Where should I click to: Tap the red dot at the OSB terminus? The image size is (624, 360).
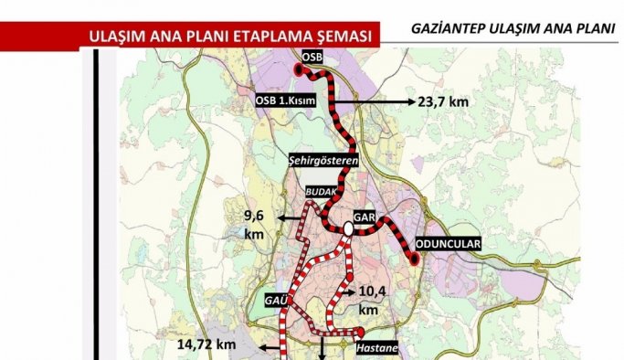tap(299, 69)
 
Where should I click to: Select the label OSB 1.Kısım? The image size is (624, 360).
tap(286, 101)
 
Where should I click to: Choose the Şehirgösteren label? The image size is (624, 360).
tap(323, 160)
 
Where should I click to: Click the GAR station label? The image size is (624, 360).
tap(365, 218)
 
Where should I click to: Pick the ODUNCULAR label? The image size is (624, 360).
tap(448, 245)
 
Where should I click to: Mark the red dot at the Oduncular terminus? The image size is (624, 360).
tap(415, 260)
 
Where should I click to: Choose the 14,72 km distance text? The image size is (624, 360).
tap(206, 344)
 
